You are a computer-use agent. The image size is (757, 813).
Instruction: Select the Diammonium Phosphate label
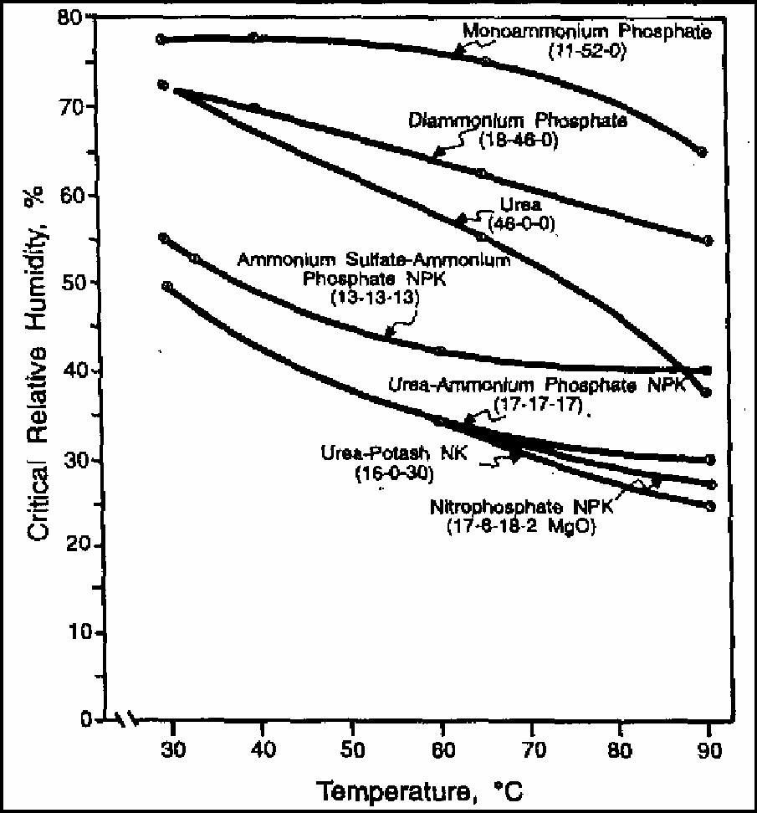518,120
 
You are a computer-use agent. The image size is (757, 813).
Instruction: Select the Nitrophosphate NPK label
523,508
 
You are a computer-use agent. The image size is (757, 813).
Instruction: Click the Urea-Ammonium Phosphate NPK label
535,386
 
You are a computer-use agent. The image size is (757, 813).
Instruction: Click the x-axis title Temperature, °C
422,790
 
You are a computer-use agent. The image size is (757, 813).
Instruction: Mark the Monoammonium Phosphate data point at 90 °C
703,152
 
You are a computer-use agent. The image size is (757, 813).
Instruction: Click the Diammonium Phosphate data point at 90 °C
708,241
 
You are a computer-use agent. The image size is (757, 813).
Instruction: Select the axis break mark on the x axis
127,719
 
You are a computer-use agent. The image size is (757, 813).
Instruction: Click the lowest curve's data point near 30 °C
167,287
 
